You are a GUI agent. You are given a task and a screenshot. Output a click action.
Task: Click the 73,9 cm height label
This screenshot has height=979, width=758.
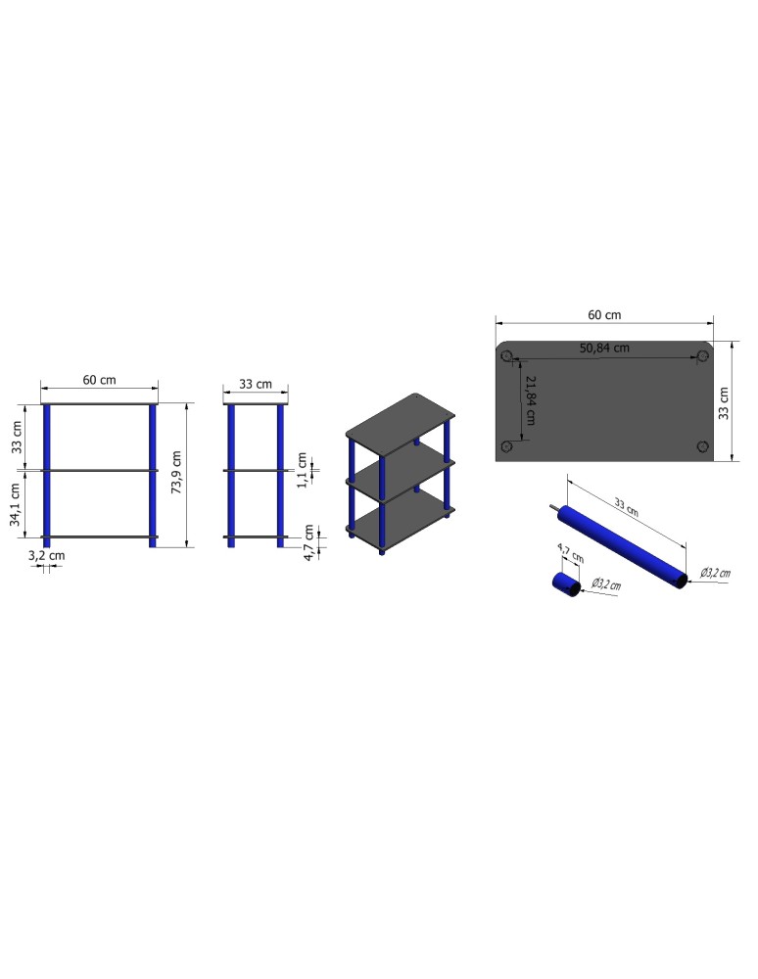pos(176,472)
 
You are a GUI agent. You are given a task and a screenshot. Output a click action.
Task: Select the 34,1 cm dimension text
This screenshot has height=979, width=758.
pos(16,504)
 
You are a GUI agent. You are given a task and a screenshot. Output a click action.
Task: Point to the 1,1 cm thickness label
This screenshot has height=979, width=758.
pos(303,470)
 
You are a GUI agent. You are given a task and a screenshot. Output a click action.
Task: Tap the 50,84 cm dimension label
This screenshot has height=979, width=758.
pos(604,348)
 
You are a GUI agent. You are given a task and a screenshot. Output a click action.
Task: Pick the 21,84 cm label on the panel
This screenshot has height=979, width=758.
pos(531,400)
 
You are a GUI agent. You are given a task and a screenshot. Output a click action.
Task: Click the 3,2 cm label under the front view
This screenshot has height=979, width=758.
pos(47,556)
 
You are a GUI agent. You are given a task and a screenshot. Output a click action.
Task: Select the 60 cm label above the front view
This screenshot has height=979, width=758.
pos(99,380)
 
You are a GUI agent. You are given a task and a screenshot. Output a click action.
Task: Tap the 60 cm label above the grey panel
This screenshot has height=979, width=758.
pos(604,314)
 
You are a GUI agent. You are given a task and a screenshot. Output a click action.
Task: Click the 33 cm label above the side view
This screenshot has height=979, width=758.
pos(256,384)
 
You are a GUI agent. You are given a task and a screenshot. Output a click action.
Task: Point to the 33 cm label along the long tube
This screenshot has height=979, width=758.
pos(626,507)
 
